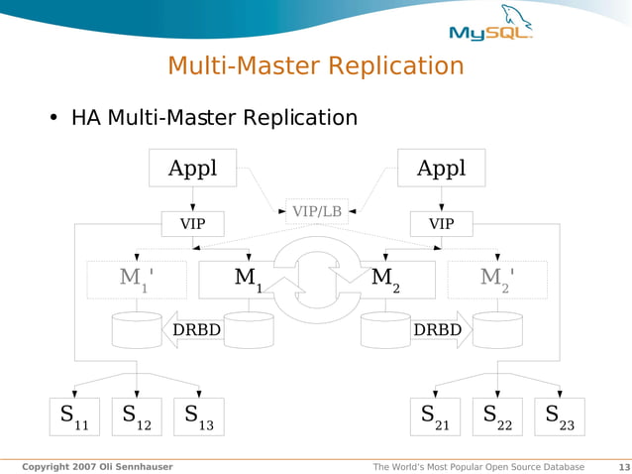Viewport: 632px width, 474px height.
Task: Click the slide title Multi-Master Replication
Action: [315, 66]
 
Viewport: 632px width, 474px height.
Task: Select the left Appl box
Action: [193, 168]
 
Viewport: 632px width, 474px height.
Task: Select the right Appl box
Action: [441, 168]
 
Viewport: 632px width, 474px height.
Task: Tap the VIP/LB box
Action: [317, 211]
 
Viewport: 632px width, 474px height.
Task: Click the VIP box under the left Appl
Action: [193, 224]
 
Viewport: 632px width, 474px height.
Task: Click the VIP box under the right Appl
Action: [441, 224]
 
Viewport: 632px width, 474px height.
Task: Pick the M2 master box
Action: [391, 280]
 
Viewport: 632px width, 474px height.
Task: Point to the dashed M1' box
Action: [137, 280]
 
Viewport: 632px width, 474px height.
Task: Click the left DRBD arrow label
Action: [195, 329]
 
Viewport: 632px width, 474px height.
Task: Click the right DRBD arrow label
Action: [437, 329]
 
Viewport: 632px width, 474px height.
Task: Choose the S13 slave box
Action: [198, 416]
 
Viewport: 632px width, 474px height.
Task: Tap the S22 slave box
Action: [497, 416]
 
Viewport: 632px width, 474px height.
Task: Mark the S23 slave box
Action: [560, 416]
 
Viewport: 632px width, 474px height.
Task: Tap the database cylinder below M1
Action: [249, 330]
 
